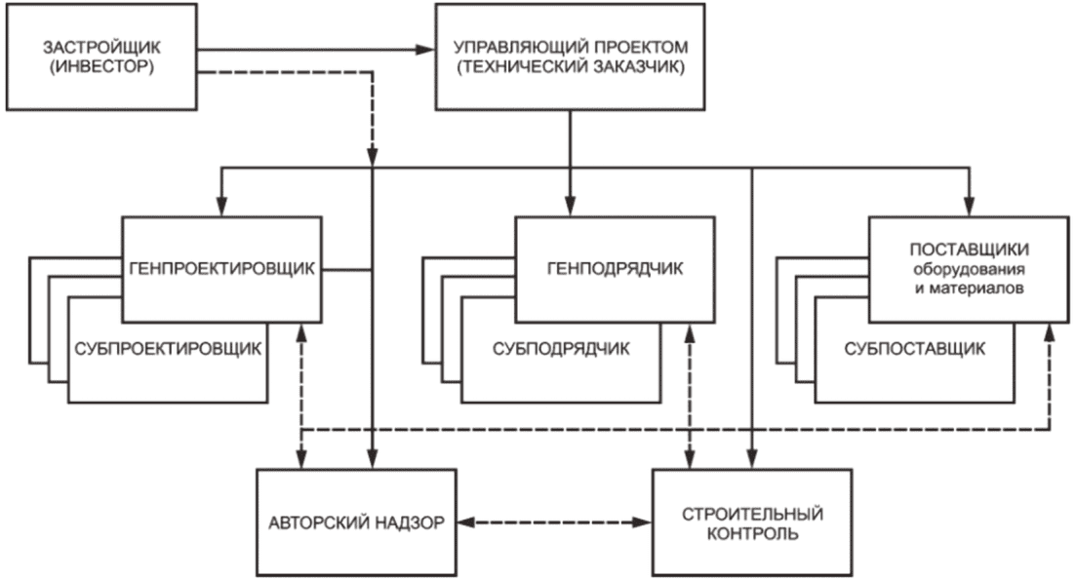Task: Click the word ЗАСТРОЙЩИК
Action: [x=101, y=47]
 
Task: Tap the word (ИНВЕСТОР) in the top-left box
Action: [x=101, y=66]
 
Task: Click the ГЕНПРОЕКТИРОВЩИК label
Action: [x=221, y=268]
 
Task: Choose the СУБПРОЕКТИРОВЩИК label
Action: [x=168, y=349]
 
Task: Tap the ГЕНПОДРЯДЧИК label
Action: [x=615, y=268]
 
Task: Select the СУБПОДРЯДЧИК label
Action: [x=561, y=349]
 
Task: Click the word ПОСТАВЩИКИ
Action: [x=969, y=250]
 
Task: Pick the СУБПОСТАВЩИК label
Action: [x=915, y=349]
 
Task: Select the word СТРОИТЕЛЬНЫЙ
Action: [x=752, y=514]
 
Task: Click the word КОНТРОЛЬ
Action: [x=752, y=533]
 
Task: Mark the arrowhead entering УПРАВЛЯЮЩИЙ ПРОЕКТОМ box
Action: [x=426, y=50]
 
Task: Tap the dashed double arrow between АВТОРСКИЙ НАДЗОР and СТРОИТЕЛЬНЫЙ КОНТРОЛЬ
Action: [x=554, y=522]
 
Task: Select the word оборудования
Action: [x=969, y=269]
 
